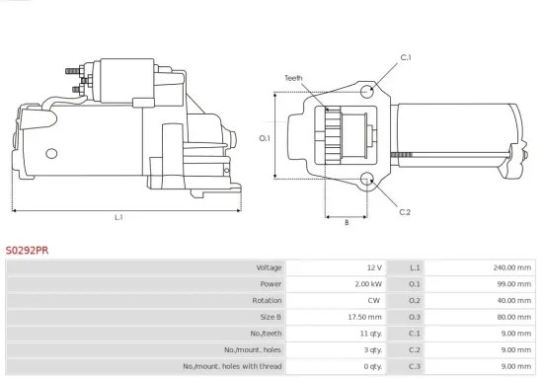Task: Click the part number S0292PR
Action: coord(27,251)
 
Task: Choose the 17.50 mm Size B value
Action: coord(360,318)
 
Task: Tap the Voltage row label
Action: coord(269,267)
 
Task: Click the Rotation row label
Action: coord(267,301)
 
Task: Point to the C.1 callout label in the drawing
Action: coord(405,58)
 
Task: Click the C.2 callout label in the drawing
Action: coord(405,212)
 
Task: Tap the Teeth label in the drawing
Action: coord(293,77)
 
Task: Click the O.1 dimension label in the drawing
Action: coord(265,137)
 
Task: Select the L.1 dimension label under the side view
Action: coord(118,217)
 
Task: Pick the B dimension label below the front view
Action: coord(346,223)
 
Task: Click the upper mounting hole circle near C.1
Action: coord(367,92)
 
